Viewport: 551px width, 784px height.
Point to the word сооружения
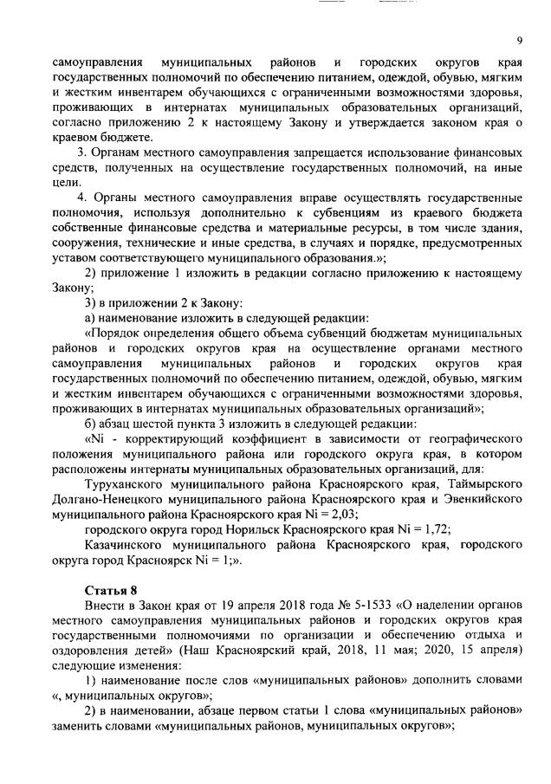pyautogui.click(x=88, y=243)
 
